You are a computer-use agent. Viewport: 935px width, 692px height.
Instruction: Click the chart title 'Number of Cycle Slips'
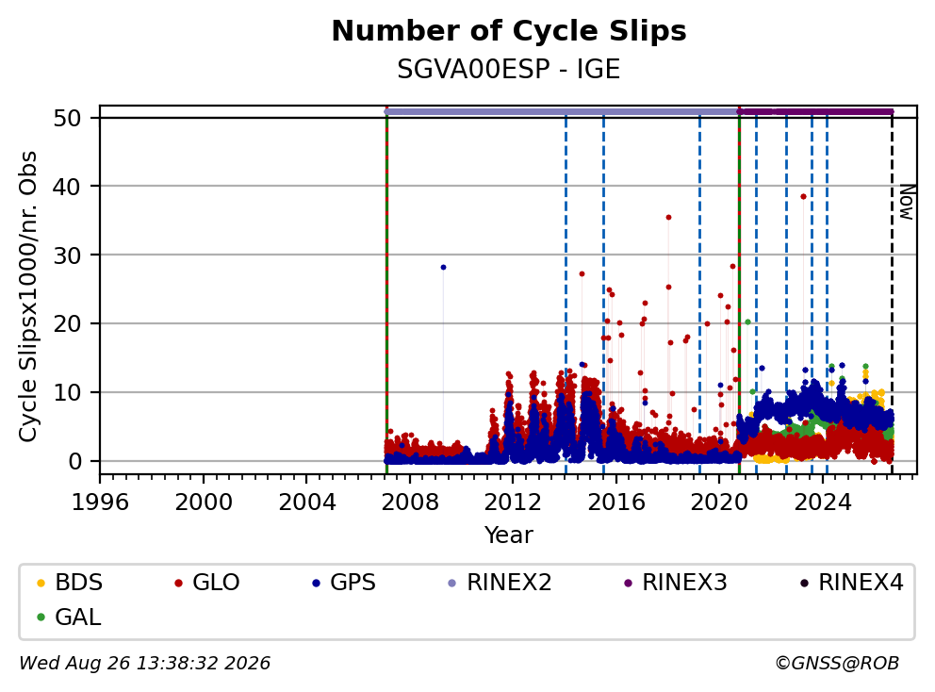click(x=509, y=31)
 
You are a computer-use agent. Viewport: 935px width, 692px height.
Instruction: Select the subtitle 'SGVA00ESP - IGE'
click(x=509, y=69)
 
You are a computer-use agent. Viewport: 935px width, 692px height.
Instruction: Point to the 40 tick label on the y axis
click(x=67, y=187)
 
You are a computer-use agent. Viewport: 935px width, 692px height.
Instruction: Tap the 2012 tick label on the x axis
click(x=513, y=503)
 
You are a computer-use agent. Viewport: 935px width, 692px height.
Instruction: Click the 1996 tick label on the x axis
click(x=100, y=503)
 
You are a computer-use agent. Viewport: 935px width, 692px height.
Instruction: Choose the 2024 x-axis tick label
click(x=823, y=503)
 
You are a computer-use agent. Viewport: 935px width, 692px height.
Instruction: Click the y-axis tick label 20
click(x=67, y=324)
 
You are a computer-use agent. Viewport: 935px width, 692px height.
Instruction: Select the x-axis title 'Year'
click(x=509, y=535)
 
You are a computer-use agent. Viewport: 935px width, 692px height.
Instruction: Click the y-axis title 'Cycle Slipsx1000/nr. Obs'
click(x=27, y=296)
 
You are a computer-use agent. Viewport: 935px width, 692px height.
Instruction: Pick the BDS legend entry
click(x=70, y=583)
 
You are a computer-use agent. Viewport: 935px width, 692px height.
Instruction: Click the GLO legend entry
click(x=207, y=583)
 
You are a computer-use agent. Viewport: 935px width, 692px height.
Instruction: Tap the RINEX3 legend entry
click(x=676, y=583)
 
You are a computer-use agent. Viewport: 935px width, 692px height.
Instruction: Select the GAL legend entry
click(x=69, y=617)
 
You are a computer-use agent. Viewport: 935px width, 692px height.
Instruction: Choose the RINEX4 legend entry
click(x=851, y=583)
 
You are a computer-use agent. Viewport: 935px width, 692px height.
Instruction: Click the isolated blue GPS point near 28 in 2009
click(x=443, y=267)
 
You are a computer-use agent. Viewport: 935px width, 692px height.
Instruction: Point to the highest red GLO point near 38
click(x=803, y=196)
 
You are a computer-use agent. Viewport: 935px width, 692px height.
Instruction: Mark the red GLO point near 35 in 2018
click(x=668, y=217)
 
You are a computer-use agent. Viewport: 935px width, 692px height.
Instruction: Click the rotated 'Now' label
click(x=907, y=203)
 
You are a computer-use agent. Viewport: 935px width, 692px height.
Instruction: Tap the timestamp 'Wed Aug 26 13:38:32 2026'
click(x=145, y=664)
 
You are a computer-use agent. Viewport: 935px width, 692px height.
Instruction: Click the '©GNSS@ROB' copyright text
click(x=837, y=664)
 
